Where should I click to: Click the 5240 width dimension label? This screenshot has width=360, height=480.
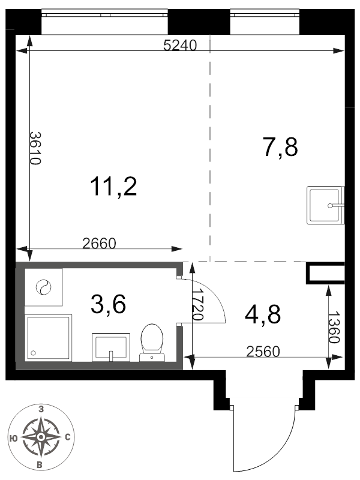point(179,46)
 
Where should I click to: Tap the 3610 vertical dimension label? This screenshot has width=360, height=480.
point(35,148)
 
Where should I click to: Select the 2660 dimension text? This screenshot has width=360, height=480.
point(99,244)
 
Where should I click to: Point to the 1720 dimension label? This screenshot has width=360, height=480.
point(198,304)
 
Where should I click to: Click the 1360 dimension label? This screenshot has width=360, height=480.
point(334,328)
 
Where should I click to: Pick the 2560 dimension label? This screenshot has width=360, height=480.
point(263,352)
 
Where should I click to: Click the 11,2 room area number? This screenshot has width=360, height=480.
point(113,187)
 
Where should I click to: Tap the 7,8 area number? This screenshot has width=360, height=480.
point(280,148)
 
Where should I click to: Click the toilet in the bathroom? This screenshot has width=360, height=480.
point(152,343)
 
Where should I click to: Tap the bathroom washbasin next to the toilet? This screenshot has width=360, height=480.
point(111,347)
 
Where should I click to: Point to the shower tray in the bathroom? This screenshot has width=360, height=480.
point(49,338)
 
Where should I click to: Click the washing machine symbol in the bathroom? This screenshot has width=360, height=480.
point(43,287)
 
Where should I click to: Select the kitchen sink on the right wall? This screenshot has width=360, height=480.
point(325,205)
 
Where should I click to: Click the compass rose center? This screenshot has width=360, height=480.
point(41,437)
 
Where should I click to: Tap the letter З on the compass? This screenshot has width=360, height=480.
point(41,409)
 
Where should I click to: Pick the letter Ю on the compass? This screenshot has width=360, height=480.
point(13,438)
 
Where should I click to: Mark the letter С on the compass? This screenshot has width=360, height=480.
point(68,437)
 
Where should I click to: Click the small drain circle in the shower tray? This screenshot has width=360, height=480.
point(34,353)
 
